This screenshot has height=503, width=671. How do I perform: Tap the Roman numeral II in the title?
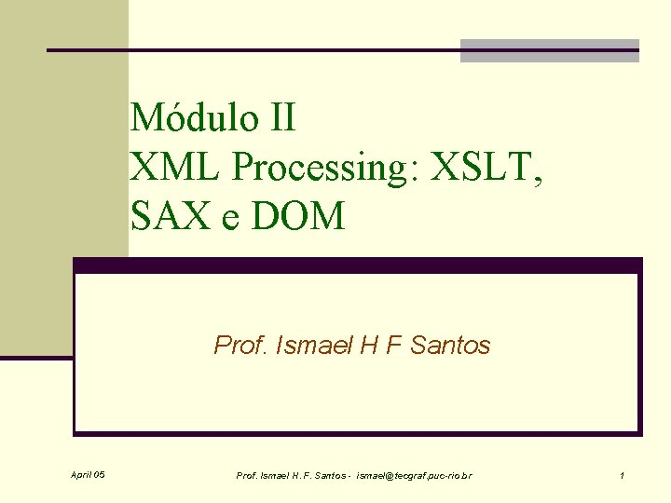pyautogui.click(x=278, y=118)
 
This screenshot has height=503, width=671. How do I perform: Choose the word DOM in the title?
pyautogui.click(x=299, y=217)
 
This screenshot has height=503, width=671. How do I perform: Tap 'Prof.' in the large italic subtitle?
pyautogui.click(x=239, y=346)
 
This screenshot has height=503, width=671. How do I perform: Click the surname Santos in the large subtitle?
pyautogui.click(x=450, y=346)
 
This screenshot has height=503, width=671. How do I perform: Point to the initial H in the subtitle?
pyautogui.click(x=363, y=346)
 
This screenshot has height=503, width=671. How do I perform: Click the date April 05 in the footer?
pyautogui.click(x=88, y=476)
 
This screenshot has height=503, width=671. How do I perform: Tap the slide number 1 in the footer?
pyautogui.click(x=622, y=476)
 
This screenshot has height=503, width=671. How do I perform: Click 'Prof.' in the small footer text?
pyautogui.click(x=247, y=476)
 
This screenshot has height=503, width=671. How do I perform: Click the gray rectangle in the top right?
pyautogui.click(x=550, y=51)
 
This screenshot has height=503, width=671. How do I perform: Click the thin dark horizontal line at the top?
pyautogui.click(x=252, y=49)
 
